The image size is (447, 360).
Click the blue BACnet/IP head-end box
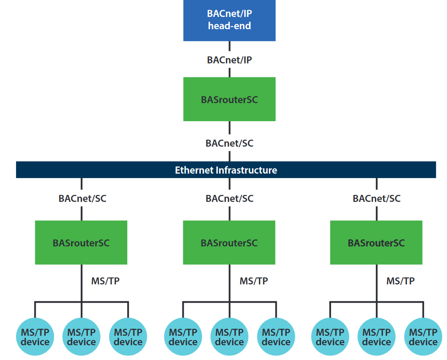(x=229, y=20)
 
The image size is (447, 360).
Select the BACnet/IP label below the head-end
(x=229, y=60)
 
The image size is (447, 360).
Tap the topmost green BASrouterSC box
(x=229, y=99)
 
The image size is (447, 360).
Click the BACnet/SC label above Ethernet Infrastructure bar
(x=229, y=143)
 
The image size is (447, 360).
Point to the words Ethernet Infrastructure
(x=226, y=170)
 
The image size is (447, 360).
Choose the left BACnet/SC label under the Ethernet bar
(x=82, y=198)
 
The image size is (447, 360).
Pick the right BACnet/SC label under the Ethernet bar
(x=377, y=198)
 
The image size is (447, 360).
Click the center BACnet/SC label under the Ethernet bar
(x=229, y=198)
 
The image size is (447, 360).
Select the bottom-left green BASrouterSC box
(x=81, y=242)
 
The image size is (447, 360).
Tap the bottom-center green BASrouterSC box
(x=229, y=242)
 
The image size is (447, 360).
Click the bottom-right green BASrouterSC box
(x=376, y=242)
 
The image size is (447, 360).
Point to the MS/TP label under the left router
(x=105, y=281)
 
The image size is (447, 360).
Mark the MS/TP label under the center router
(x=254, y=281)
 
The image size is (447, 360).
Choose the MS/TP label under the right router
(x=401, y=281)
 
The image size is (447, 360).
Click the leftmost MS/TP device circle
(x=35, y=337)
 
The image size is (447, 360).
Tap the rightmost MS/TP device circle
(x=423, y=337)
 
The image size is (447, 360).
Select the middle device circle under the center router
(x=229, y=337)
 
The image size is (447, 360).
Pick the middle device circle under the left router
(x=81, y=337)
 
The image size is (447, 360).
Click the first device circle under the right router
(x=330, y=337)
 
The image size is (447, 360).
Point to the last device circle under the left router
(x=128, y=337)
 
